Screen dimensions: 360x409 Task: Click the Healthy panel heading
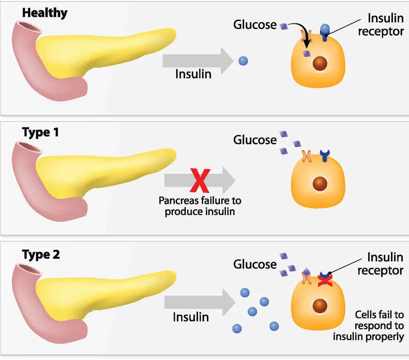[x=44, y=12]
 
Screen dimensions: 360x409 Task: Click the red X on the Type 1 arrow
[x=200, y=180]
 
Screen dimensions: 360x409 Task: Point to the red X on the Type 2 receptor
[x=324, y=280]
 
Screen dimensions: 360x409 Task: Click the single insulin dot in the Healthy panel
[x=243, y=61]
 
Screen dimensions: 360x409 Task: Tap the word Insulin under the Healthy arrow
[x=193, y=74]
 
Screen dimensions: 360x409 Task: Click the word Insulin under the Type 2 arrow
[x=191, y=316]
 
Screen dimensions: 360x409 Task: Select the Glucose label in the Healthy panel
[x=255, y=25]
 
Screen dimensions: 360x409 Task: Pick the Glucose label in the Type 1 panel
[x=255, y=139]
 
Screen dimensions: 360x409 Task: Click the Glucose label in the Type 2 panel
[x=255, y=264]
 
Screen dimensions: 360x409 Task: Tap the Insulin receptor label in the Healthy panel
[x=381, y=25]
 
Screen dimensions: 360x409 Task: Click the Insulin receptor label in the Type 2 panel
[x=380, y=264]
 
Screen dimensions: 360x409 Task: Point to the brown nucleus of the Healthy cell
[x=320, y=63]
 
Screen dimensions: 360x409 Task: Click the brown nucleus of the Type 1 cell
[x=320, y=183]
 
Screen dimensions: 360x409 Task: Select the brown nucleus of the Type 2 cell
[x=320, y=305]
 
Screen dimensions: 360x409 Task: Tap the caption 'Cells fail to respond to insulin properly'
[x=368, y=325]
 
